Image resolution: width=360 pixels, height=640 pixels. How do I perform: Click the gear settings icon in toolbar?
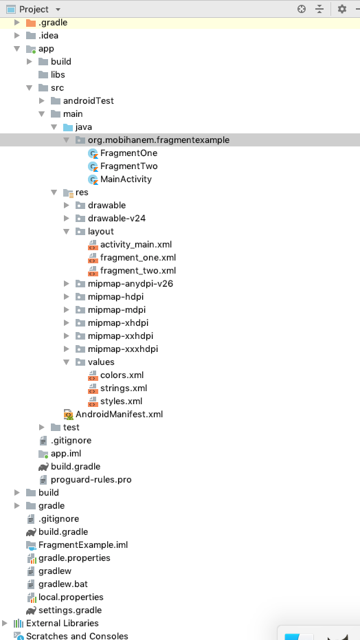pyautogui.click(x=341, y=9)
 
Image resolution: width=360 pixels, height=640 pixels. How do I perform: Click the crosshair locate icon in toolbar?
pyautogui.click(x=302, y=9)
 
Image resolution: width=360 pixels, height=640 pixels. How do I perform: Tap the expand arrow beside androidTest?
pyautogui.click(x=42, y=101)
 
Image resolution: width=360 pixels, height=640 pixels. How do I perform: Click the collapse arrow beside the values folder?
pyautogui.click(x=67, y=362)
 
